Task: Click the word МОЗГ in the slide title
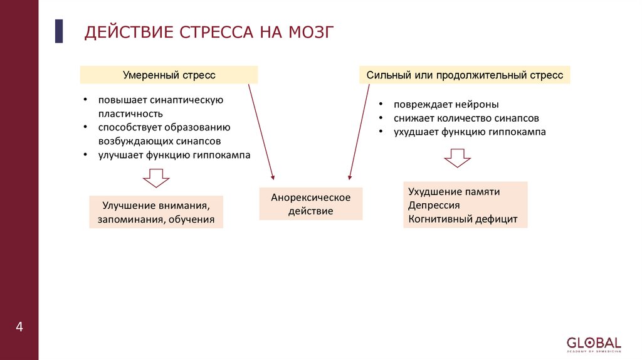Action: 304,32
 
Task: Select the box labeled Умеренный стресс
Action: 169,75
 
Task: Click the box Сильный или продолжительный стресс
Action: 465,75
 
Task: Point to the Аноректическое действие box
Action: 310,204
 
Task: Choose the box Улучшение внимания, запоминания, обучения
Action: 156,212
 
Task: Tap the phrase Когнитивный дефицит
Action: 463,219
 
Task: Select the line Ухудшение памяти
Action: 454,192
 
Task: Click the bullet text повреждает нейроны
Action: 446,105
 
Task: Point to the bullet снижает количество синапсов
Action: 466,118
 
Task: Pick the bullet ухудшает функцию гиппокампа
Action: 470,132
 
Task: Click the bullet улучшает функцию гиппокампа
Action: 174,155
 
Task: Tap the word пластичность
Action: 130,114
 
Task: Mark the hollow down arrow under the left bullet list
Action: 156,178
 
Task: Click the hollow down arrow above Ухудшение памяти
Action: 457,158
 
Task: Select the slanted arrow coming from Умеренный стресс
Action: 261,132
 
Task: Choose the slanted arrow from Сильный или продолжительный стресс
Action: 359,132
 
